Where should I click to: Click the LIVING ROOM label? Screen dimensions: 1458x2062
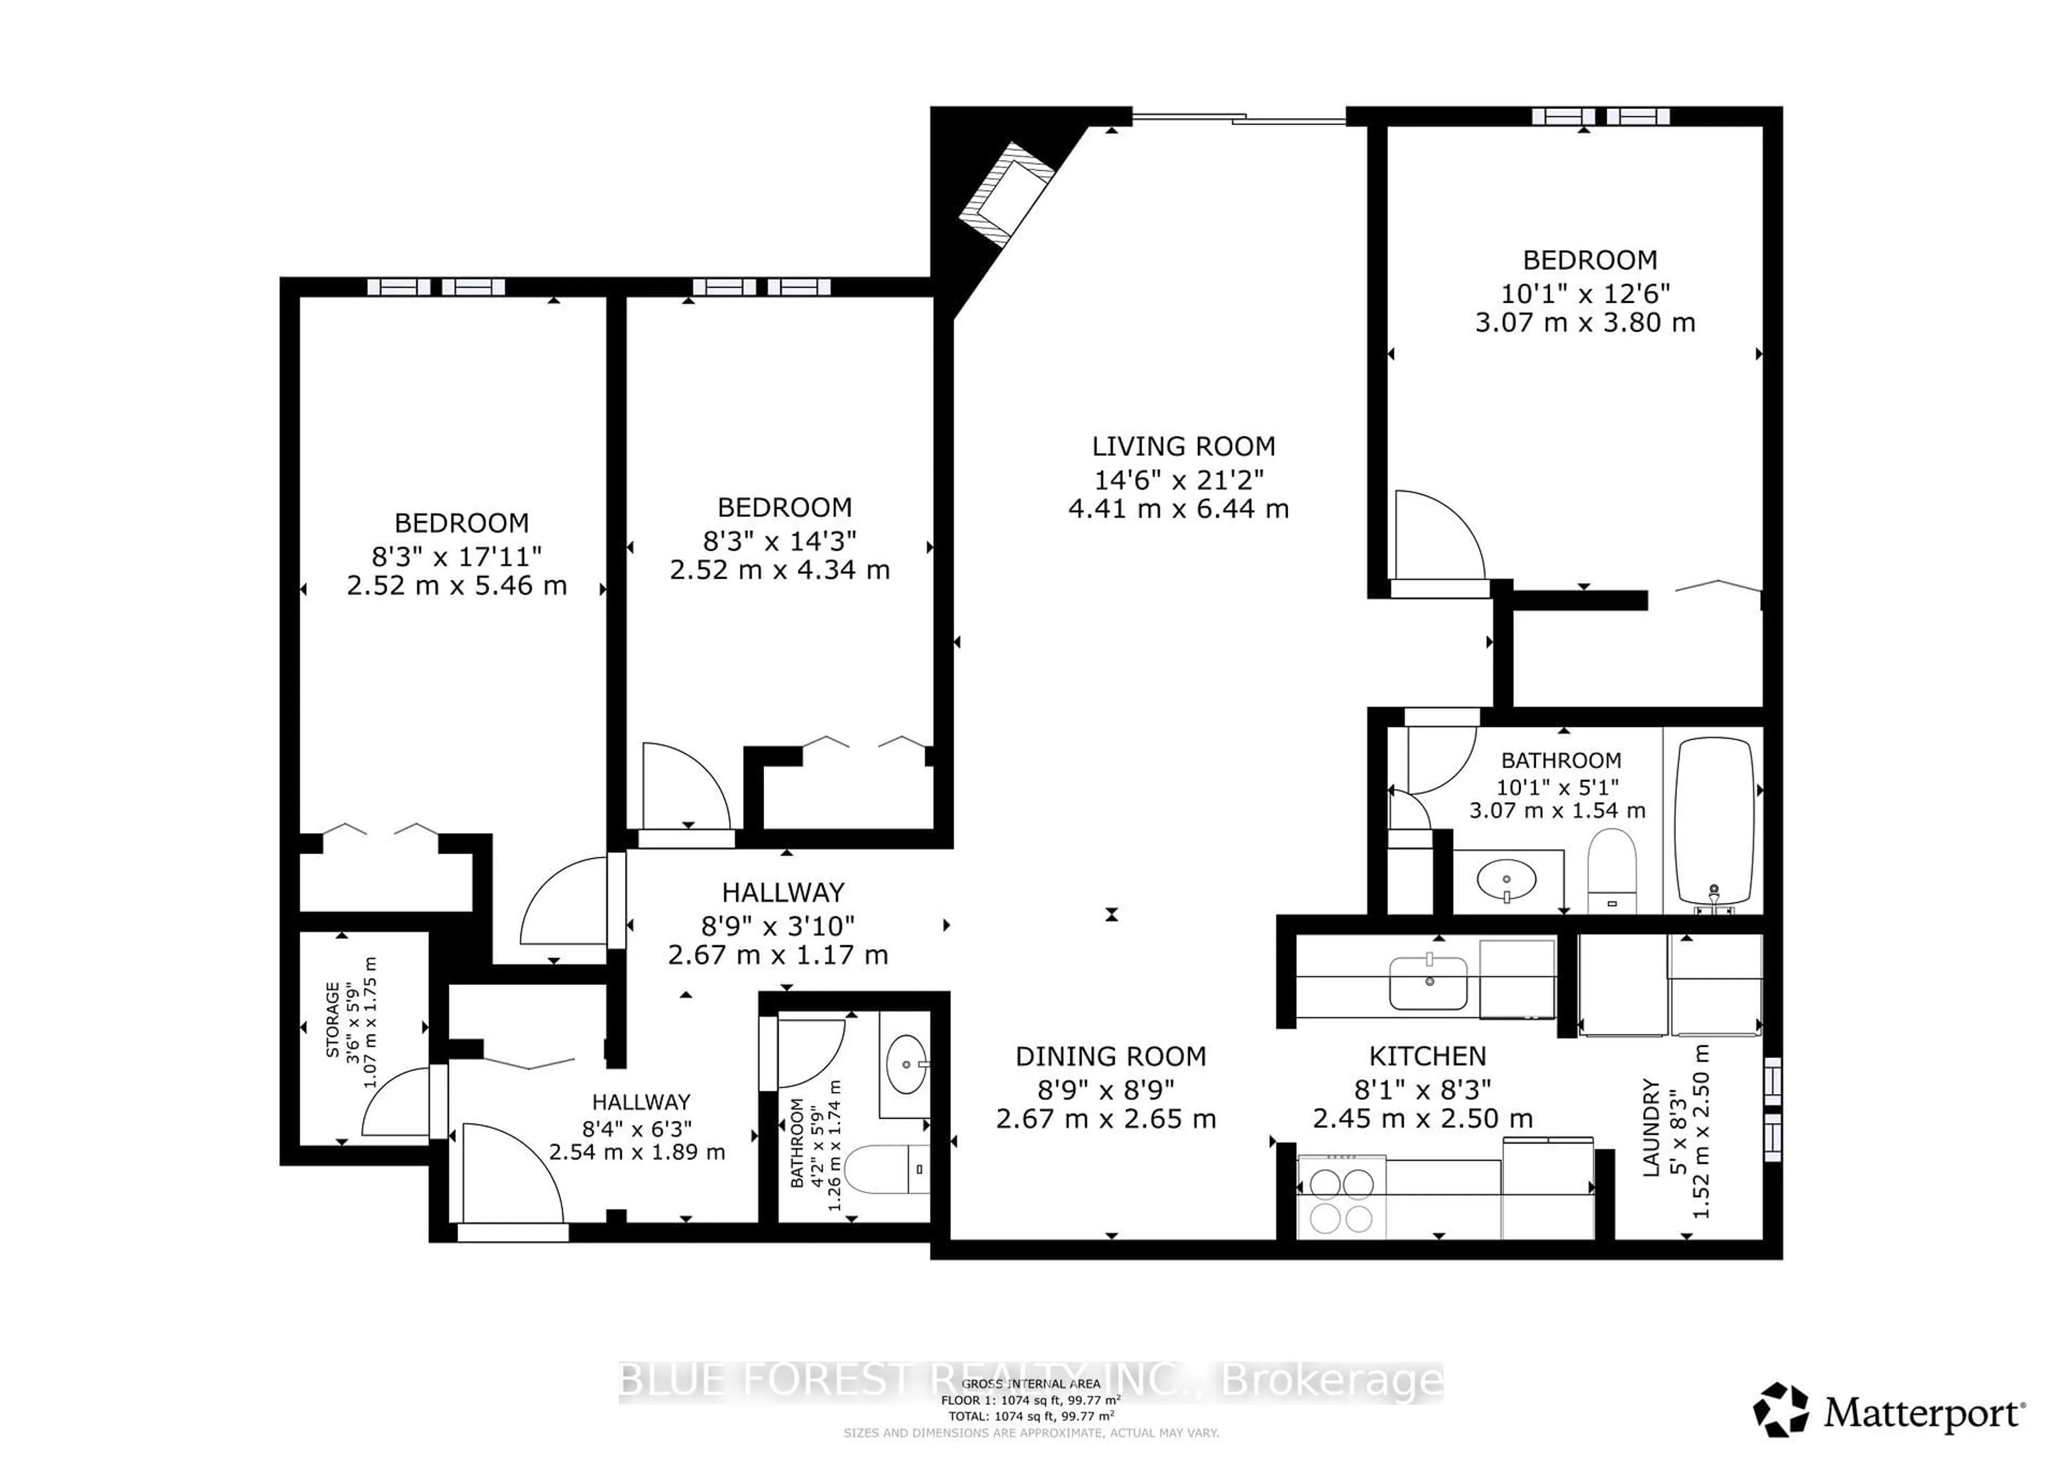(1183, 446)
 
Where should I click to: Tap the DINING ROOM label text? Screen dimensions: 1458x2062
(1110, 1056)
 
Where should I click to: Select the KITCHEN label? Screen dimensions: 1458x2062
(1427, 1056)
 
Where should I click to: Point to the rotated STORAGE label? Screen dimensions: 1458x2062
(333, 1020)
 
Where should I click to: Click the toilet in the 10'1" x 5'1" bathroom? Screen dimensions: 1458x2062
(1611, 870)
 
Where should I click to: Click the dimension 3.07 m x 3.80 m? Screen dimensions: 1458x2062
(1585, 322)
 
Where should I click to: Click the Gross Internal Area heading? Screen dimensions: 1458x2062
(1030, 1383)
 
